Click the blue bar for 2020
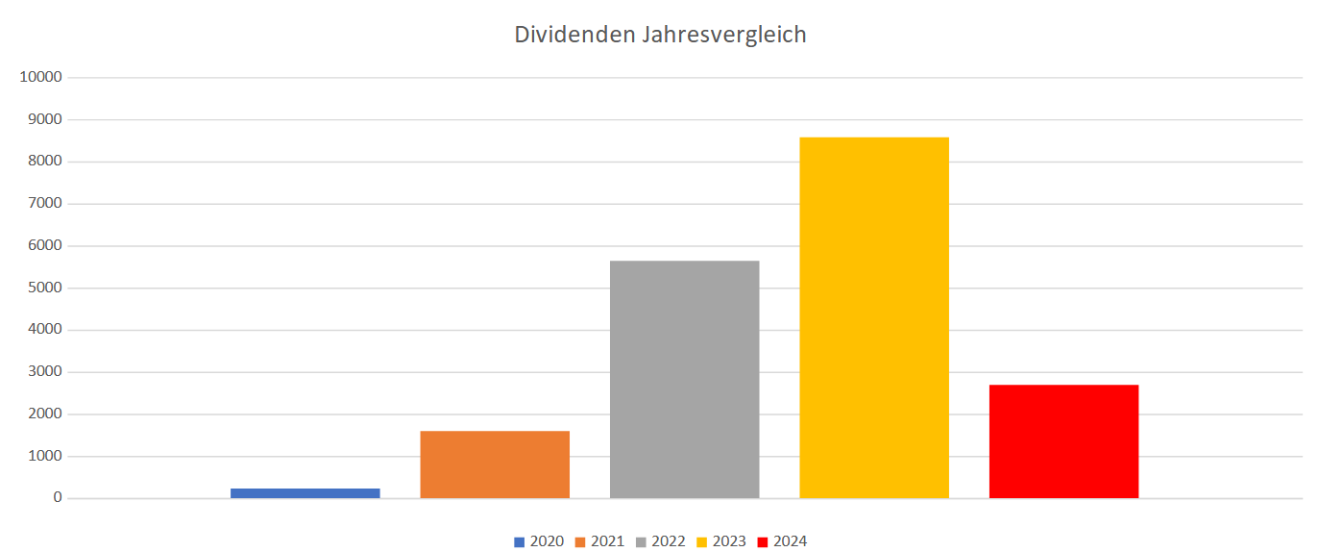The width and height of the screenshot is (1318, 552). click(305, 493)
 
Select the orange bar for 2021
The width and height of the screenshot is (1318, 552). click(495, 464)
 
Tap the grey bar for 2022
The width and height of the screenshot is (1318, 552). click(684, 380)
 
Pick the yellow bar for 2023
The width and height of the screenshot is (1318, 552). click(874, 317)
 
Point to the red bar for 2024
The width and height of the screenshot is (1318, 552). click(1063, 441)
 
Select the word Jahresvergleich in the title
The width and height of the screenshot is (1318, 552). click(719, 36)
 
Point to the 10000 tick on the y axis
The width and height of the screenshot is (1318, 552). click(40, 78)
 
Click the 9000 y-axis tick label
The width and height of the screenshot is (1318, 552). click(44, 120)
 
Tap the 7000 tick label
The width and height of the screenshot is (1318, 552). click(44, 204)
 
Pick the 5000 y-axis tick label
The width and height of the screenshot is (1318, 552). click(44, 288)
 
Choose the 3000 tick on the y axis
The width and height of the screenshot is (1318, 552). click(44, 372)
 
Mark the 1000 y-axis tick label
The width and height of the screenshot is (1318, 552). click(44, 456)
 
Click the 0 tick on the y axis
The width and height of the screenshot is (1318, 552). click(59, 498)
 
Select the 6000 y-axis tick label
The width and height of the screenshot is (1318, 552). click(44, 246)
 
